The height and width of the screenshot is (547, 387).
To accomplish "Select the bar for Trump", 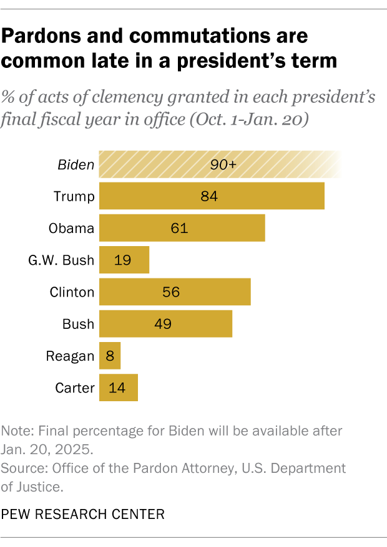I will pos(212,196).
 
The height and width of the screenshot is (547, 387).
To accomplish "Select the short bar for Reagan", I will pos(110,356).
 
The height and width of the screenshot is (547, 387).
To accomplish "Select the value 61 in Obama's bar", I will pos(179,229).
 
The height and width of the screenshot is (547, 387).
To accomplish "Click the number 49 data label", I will pos(163,324).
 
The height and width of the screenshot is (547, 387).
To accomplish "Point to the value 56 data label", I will pos(171,292).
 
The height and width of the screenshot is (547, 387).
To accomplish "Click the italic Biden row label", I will pos(76,165).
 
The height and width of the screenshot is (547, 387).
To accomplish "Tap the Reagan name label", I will pos(70,356).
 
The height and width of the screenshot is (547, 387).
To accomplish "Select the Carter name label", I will pos(74,388).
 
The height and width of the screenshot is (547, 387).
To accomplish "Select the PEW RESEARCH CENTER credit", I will pos(83,514).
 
